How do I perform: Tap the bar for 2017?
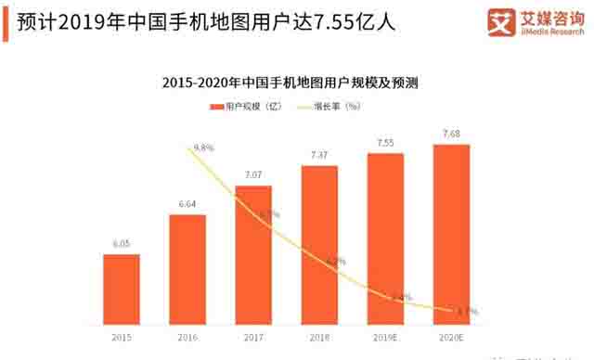pyautogui.click(x=253, y=255)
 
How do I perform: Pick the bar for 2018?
pyautogui.click(x=318, y=245)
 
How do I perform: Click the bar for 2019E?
pyautogui.click(x=384, y=238)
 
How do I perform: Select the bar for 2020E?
pyautogui.click(x=451, y=234)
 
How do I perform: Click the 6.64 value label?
pyautogui.click(x=187, y=205)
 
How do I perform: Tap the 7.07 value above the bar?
pyautogui.click(x=253, y=175)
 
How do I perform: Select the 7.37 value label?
pyautogui.click(x=318, y=155)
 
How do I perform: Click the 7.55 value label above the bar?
pyautogui.click(x=384, y=143)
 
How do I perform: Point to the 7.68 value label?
pyautogui.click(x=451, y=134)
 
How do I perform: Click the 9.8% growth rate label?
pyautogui.click(x=202, y=148)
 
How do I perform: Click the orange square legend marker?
pyautogui.click(x=217, y=107)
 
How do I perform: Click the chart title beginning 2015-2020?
pyautogui.click(x=290, y=82)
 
